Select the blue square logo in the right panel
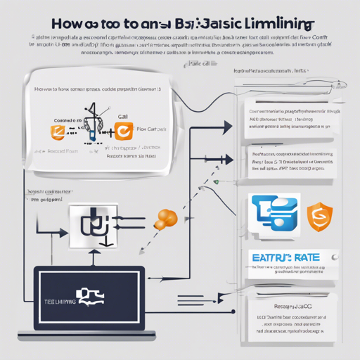[x=276, y=214]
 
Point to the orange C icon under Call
[x=121, y=130]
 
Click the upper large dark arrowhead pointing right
[x=226, y=127]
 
